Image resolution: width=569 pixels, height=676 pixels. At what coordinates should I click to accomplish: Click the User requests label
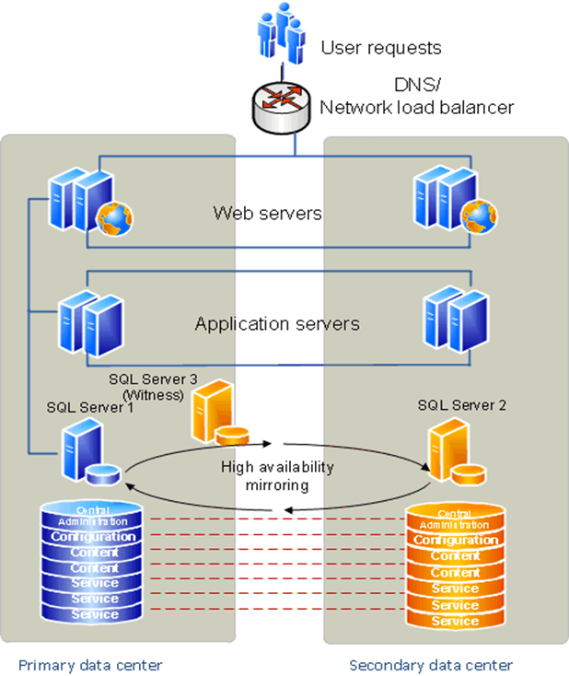click(380, 48)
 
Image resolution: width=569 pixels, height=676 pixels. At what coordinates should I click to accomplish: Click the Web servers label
click(267, 214)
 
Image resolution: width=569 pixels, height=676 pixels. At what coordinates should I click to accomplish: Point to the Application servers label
click(276, 324)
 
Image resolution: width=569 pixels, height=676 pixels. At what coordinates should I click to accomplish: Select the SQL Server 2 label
click(461, 404)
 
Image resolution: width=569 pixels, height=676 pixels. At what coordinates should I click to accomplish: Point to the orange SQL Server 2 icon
click(453, 453)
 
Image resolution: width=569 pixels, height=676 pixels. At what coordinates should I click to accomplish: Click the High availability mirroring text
click(277, 475)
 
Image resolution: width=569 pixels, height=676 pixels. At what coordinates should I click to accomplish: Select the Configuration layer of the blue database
click(94, 536)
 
